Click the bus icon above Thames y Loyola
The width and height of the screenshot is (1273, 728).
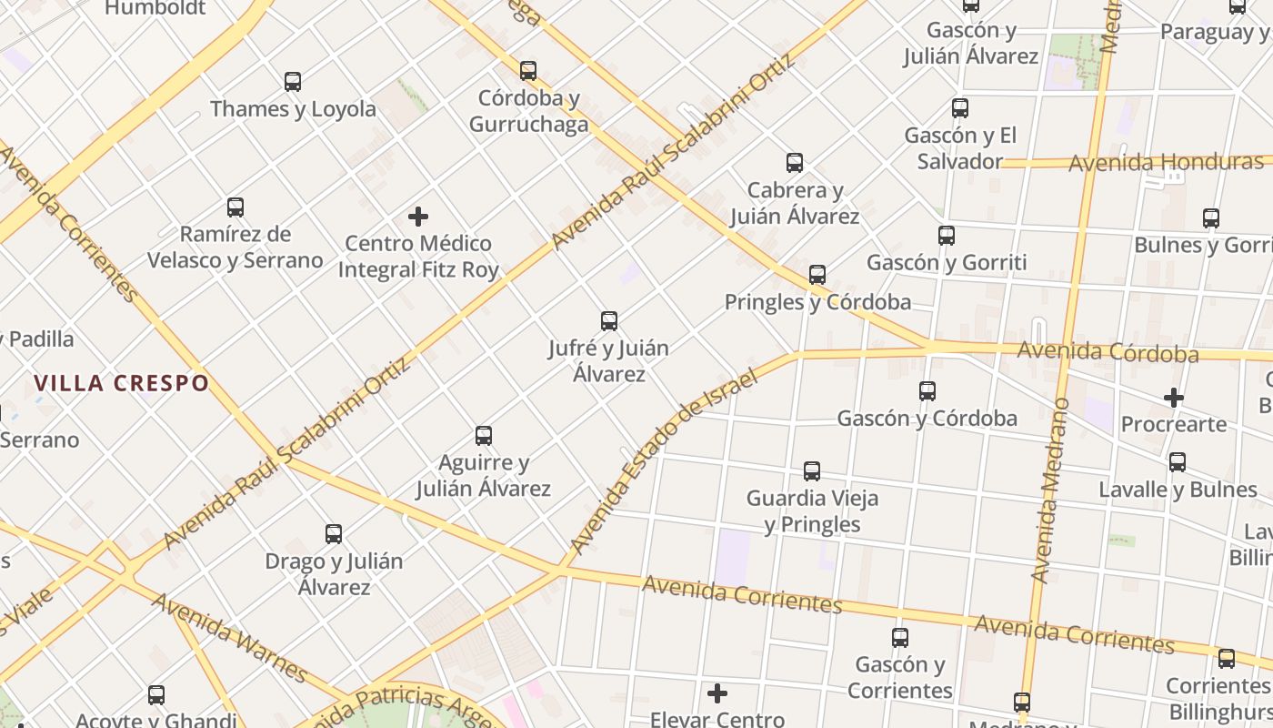pyautogui.click(x=293, y=82)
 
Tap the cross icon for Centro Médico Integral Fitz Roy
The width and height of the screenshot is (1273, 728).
pyautogui.click(x=418, y=217)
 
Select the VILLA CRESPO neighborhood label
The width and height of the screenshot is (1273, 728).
pyautogui.click(x=122, y=383)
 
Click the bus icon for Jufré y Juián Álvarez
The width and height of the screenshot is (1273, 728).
pyautogui.click(x=609, y=321)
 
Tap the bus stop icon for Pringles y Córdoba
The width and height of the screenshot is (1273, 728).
pyautogui.click(x=817, y=275)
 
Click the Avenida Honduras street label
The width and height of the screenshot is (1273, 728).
pyautogui.click(x=1166, y=163)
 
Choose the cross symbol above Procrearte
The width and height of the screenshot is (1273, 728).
pyautogui.click(x=1174, y=398)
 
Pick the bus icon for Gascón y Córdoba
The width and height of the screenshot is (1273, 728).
pyautogui.click(x=927, y=391)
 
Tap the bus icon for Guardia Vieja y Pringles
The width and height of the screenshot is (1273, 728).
pyautogui.click(x=812, y=471)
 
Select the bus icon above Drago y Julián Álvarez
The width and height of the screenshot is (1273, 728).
pyautogui.click(x=334, y=534)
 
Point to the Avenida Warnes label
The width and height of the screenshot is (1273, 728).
pyautogui.click(x=229, y=638)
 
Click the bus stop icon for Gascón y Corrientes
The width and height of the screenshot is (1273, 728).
pyautogui.click(x=900, y=638)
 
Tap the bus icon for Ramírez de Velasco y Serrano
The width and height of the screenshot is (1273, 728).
pyautogui.click(x=236, y=207)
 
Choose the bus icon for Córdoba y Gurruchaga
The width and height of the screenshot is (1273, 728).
pyautogui.click(x=528, y=71)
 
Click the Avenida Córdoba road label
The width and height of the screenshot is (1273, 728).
pyautogui.click(x=1108, y=351)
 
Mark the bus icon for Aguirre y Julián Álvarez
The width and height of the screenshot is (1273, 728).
pyautogui.click(x=484, y=436)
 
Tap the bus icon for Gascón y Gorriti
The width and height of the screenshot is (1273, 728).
pyautogui.click(x=947, y=236)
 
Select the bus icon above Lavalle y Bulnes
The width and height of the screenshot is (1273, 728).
pyautogui.click(x=1178, y=462)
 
